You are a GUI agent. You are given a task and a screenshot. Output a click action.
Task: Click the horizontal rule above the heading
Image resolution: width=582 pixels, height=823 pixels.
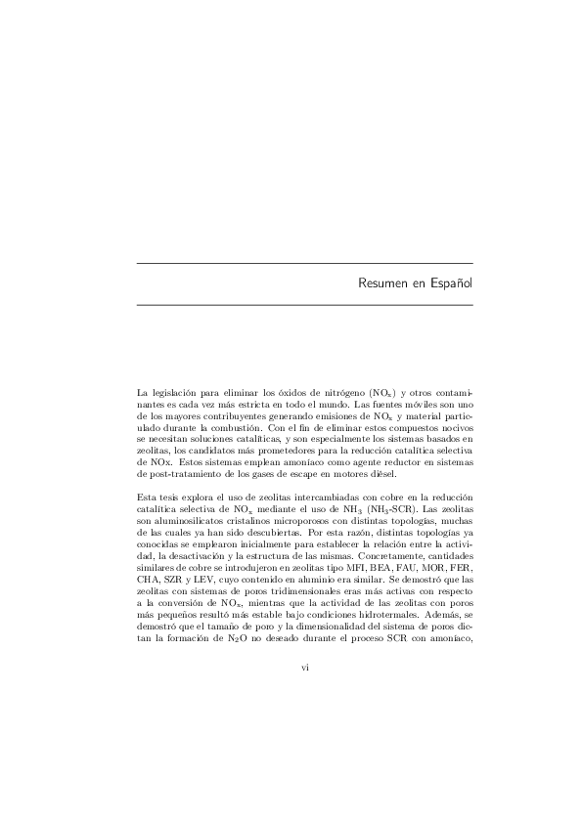[305, 263]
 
